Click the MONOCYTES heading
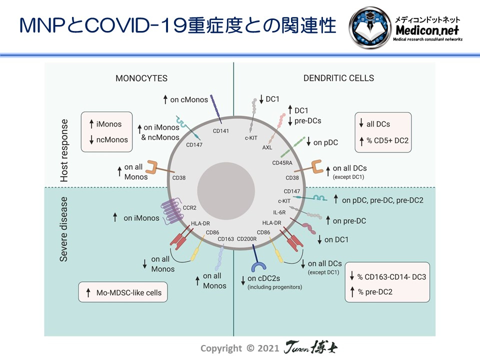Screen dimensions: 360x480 pyautogui.click(x=141, y=78)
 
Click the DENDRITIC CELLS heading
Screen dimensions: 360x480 pyautogui.click(x=338, y=78)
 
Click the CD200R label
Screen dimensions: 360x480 pyautogui.click(x=246, y=238)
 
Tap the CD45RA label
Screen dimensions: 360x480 pyautogui.click(x=281, y=163)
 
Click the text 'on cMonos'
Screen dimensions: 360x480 pyautogui.click(x=188, y=99)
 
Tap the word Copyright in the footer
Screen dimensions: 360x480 pyautogui.click(x=222, y=348)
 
